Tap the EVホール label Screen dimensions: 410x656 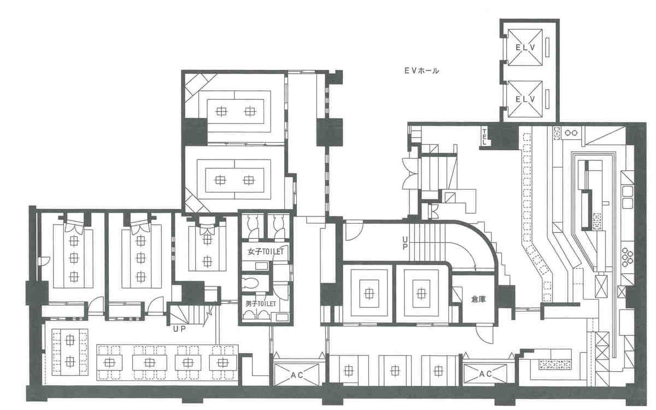[x=421, y=71]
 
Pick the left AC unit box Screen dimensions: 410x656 [x=296, y=374]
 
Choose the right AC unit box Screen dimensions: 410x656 [x=485, y=374]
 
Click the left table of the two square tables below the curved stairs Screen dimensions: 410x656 [x=370, y=294]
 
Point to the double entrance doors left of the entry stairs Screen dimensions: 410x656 [x=409, y=171]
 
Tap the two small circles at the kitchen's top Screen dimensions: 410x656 [x=572, y=132]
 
